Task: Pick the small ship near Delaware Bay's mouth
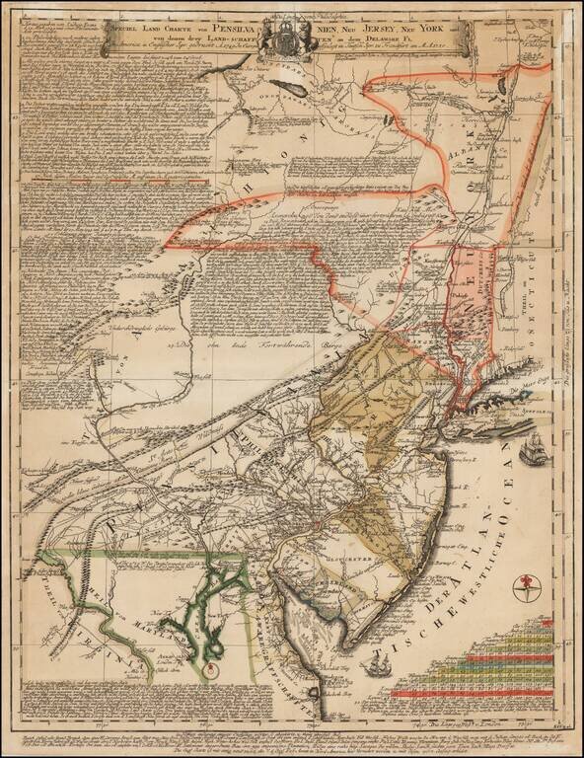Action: (x=374, y=669)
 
